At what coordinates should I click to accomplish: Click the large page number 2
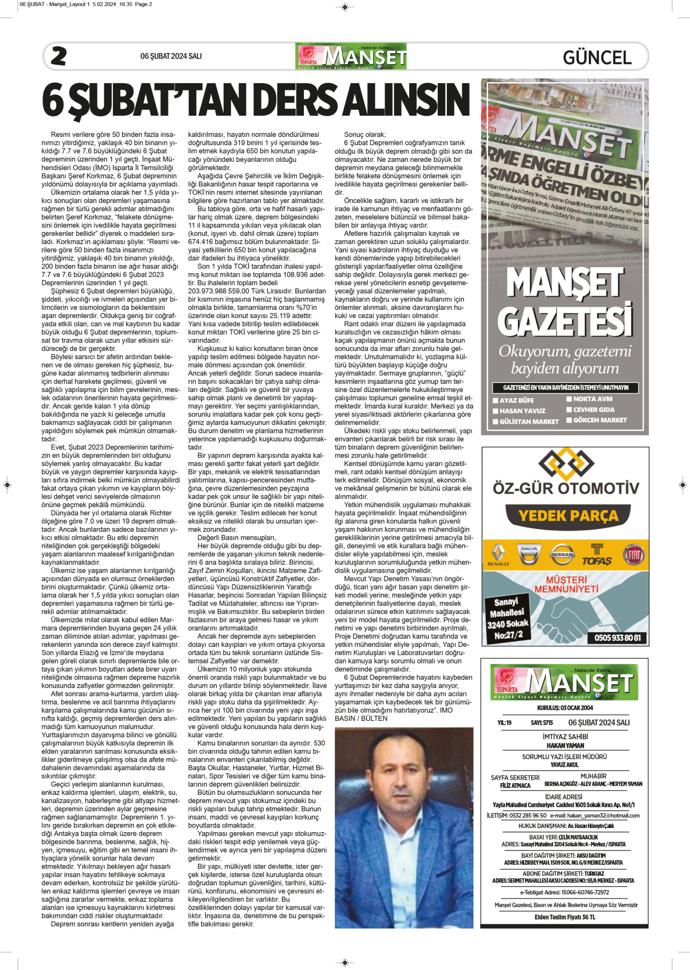59,56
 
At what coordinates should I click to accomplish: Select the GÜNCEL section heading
597,57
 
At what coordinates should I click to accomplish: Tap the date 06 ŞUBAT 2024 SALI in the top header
171,56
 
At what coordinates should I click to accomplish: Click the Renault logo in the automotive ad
498,554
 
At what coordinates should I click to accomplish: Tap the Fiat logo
634,554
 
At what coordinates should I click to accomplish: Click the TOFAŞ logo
597,555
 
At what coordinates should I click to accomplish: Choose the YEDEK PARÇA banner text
568,516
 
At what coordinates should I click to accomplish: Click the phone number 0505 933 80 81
617,638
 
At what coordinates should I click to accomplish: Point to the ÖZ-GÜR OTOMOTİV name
565,488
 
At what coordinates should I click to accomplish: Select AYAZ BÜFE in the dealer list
516,401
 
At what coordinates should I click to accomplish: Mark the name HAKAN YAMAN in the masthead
565,746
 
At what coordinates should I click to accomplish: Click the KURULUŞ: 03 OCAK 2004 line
565,708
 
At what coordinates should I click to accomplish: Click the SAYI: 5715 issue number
541,723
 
